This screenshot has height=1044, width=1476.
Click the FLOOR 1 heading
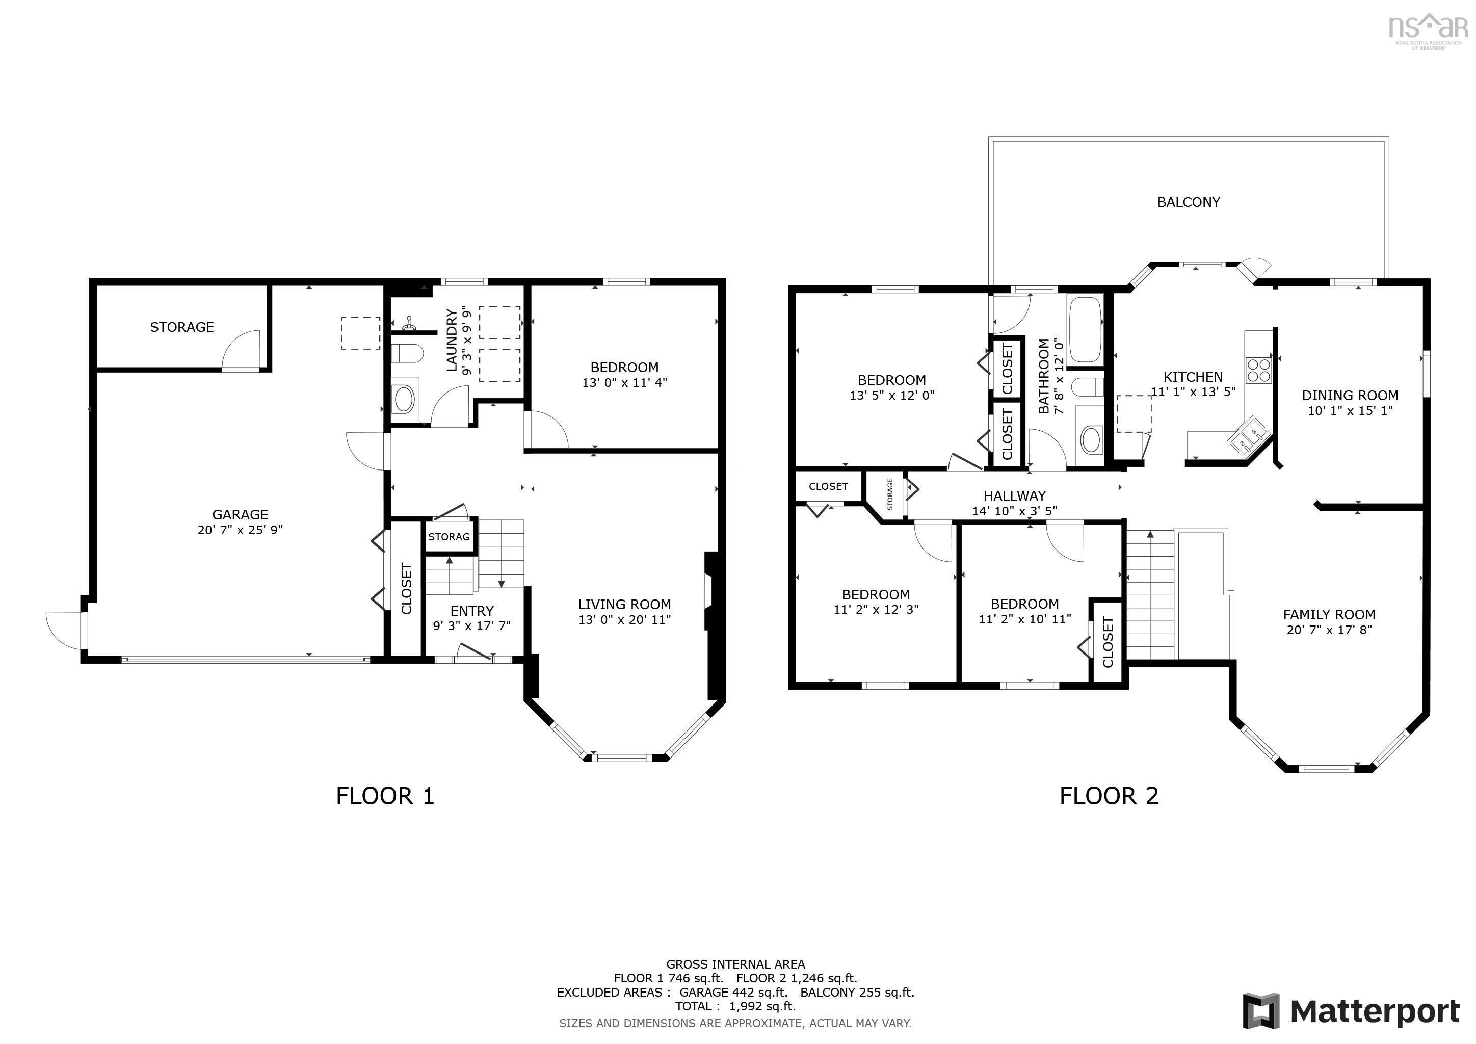tap(385, 796)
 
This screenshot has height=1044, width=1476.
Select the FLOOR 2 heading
tap(1109, 796)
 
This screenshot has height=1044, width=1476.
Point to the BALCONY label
tap(1188, 202)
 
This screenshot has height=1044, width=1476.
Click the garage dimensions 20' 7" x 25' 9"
tap(240, 530)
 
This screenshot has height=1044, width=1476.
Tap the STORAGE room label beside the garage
tap(182, 327)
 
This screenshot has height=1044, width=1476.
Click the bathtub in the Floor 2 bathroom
tap(1085, 330)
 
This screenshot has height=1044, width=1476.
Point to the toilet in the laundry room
tap(406, 353)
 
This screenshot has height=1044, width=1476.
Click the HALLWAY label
tap(1014, 495)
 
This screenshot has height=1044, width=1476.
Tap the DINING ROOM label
tap(1350, 396)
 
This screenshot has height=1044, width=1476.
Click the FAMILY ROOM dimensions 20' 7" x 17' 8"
tap(1329, 630)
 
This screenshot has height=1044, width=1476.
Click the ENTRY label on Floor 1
tap(471, 611)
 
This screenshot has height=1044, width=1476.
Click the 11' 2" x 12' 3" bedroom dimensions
tap(876, 610)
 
